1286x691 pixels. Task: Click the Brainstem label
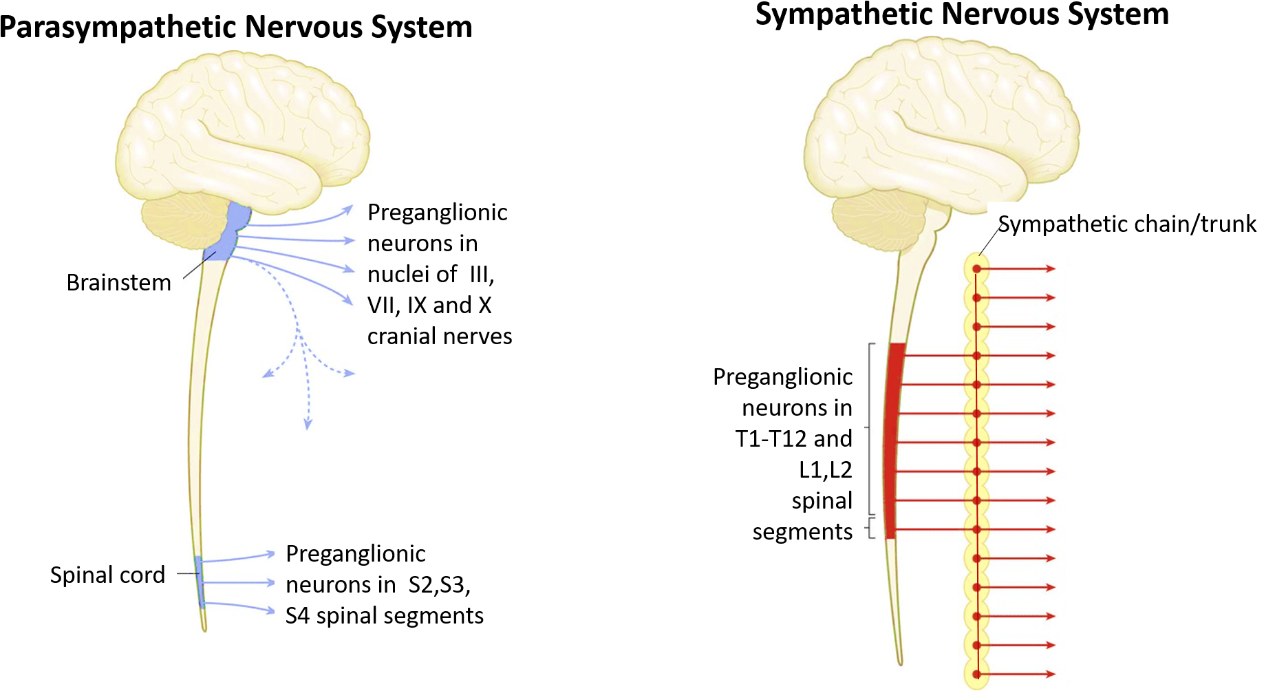pyautogui.click(x=118, y=282)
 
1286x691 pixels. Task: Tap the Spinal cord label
pyautogui.click(x=107, y=575)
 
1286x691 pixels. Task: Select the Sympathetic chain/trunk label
pyautogui.click(x=1127, y=224)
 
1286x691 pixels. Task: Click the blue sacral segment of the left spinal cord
pyautogui.click(x=200, y=582)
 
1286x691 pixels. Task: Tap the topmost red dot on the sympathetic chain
pyautogui.click(x=976, y=268)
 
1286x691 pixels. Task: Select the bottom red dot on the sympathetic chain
pyautogui.click(x=976, y=674)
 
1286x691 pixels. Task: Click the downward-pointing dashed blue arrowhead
pyautogui.click(x=308, y=425)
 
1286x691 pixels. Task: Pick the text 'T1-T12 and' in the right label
pyautogui.click(x=793, y=438)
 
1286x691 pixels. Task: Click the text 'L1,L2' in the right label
pyautogui.click(x=825, y=469)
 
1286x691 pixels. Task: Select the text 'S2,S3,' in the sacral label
pyautogui.click(x=439, y=584)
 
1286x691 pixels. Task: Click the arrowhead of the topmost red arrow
pyautogui.click(x=1051, y=268)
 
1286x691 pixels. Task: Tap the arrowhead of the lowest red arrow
pyautogui.click(x=1051, y=674)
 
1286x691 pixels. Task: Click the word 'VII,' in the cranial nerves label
pyautogui.click(x=384, y=305)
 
